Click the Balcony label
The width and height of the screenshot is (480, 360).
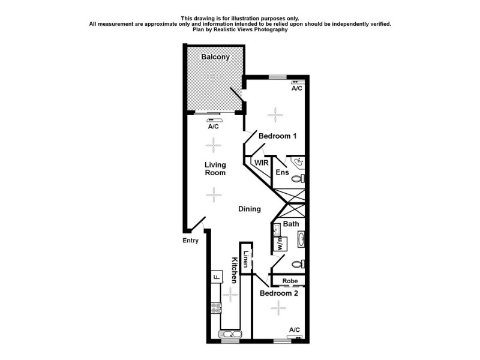215,57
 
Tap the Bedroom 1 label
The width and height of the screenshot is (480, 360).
278,136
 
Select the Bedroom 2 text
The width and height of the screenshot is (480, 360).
279,294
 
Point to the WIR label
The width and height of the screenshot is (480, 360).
261,163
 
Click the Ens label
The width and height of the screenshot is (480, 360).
282,173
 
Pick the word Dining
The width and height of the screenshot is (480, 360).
250,209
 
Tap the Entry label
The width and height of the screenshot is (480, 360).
190,241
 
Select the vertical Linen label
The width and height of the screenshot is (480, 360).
245,258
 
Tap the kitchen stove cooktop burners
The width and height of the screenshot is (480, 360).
215,309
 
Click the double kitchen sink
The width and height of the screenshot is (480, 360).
231,334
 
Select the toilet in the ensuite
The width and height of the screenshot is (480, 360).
301,178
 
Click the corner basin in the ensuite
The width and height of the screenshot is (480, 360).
298,162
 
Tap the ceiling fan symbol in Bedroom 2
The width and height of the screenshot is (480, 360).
278,308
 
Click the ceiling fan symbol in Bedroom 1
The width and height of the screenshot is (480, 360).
274,113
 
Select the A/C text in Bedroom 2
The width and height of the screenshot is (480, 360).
295,330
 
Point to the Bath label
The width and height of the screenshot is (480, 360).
291,224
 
